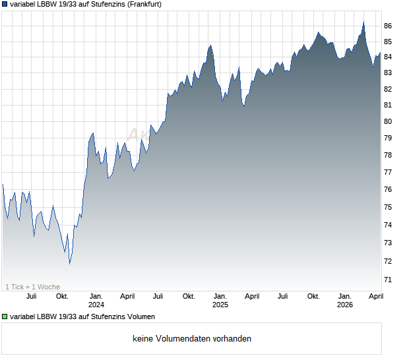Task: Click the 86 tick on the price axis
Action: tap(388, 26)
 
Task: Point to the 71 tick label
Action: tap(388, 280)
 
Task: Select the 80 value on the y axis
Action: tap(388, 121)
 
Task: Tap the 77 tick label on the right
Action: tap(388, 172)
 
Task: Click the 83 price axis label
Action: tap(388, 73)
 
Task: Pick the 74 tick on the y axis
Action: tap(388, 225)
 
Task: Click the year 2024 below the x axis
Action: tap(96, 305)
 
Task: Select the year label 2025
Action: tap(220, 305)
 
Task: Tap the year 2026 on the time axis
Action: tap(344, 305)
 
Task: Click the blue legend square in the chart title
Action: tap(5, 4)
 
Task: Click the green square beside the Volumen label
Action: tap(5, 317)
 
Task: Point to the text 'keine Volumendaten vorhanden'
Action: tap(191, 339)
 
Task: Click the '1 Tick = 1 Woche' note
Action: tap(33, 287)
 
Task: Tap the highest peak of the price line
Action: tap(363, 22)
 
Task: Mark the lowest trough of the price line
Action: tap(69, 264)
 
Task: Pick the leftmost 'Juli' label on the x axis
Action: tap(31, 296)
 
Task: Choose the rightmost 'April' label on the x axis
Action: tap(375, 296)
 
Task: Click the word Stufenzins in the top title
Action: tap(97, 4)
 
